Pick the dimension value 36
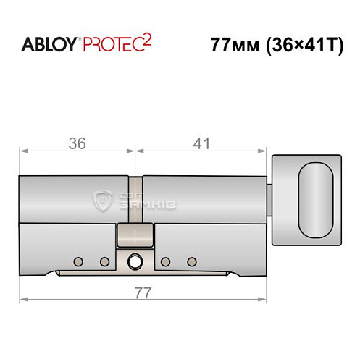click(76, 143)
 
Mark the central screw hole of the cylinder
click(135, 261)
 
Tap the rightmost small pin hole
click(192, 261)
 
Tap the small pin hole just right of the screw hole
click(165, 261)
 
